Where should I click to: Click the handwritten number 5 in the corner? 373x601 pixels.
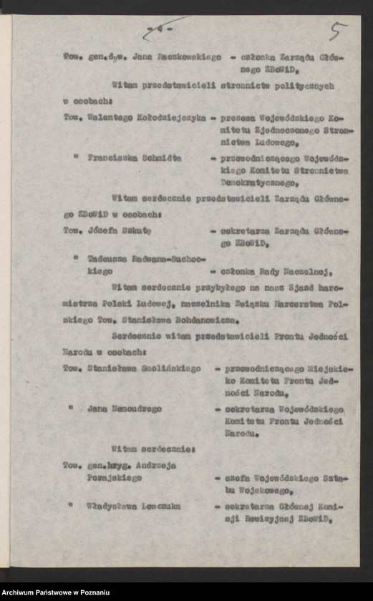point(337,31)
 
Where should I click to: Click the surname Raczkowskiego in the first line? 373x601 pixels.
point(185,57)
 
